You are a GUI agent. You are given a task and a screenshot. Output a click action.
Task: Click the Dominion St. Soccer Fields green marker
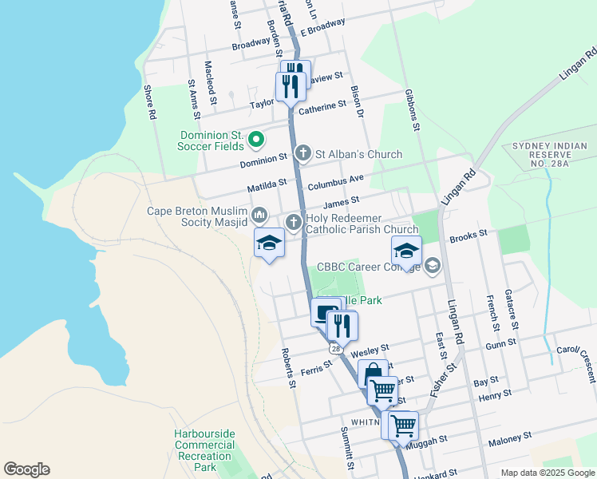[256, 141]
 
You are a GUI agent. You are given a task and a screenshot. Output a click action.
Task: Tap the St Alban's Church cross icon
[302, 153]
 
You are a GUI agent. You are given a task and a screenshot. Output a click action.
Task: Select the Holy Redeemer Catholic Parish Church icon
[294, 223]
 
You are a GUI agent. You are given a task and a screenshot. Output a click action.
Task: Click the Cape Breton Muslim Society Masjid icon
[259, 215]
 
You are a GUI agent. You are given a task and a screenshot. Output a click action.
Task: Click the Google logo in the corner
[26, 469]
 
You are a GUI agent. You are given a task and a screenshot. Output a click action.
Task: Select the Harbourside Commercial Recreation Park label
[205, 450]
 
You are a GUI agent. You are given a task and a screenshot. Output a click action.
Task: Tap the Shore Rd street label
[149, 102]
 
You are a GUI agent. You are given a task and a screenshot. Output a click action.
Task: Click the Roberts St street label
[288, 367]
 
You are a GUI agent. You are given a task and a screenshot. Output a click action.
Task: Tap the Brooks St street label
[469, 236]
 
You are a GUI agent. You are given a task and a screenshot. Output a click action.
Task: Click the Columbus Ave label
[336, 180]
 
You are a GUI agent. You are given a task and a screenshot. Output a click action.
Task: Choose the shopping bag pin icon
[373, 374]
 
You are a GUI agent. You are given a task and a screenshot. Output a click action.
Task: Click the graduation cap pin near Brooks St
[406, 251]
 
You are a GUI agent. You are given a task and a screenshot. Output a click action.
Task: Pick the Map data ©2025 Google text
[547, 473]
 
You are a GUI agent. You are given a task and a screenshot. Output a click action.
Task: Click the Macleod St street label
[211, 83]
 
